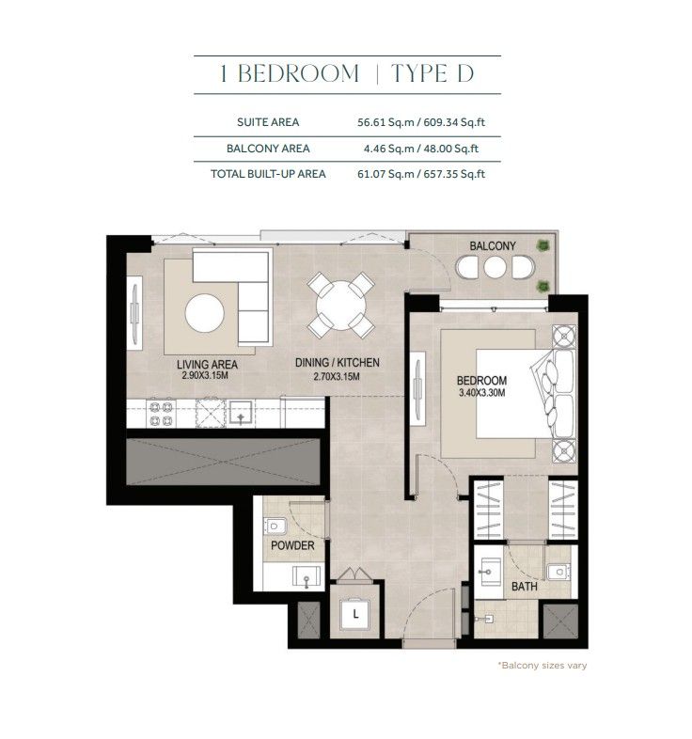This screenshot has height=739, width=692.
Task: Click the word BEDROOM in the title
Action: (298, 74)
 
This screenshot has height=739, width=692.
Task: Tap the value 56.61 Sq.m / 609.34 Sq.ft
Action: (421, 122)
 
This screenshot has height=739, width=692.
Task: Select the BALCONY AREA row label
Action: (268, 149)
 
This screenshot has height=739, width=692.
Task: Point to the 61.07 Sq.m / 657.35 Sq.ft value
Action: (421, 174)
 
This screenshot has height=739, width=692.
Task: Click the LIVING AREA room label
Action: (207, 364)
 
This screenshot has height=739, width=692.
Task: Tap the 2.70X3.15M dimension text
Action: (337, 376)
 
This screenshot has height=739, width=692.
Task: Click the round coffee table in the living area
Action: (205, 313)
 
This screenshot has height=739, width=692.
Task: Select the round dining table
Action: (340, 306)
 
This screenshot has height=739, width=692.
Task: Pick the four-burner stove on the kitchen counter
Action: (161, 413)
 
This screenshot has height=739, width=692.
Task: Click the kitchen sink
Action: (241, 413)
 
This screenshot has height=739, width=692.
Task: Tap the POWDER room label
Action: (292, 545)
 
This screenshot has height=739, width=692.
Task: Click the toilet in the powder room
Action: (275, 526)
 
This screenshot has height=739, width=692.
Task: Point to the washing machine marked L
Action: (355, 614)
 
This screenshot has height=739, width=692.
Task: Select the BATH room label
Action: (525, 587)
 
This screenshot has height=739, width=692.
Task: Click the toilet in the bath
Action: (558, 572)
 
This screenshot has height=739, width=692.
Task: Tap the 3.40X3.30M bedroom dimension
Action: (481, 392)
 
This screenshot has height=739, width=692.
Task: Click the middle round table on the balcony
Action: (495, 268)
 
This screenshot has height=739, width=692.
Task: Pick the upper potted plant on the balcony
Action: (543, 244)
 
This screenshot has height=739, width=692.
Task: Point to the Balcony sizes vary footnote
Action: (543, 666)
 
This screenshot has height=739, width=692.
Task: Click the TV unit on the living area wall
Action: (134, 313)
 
